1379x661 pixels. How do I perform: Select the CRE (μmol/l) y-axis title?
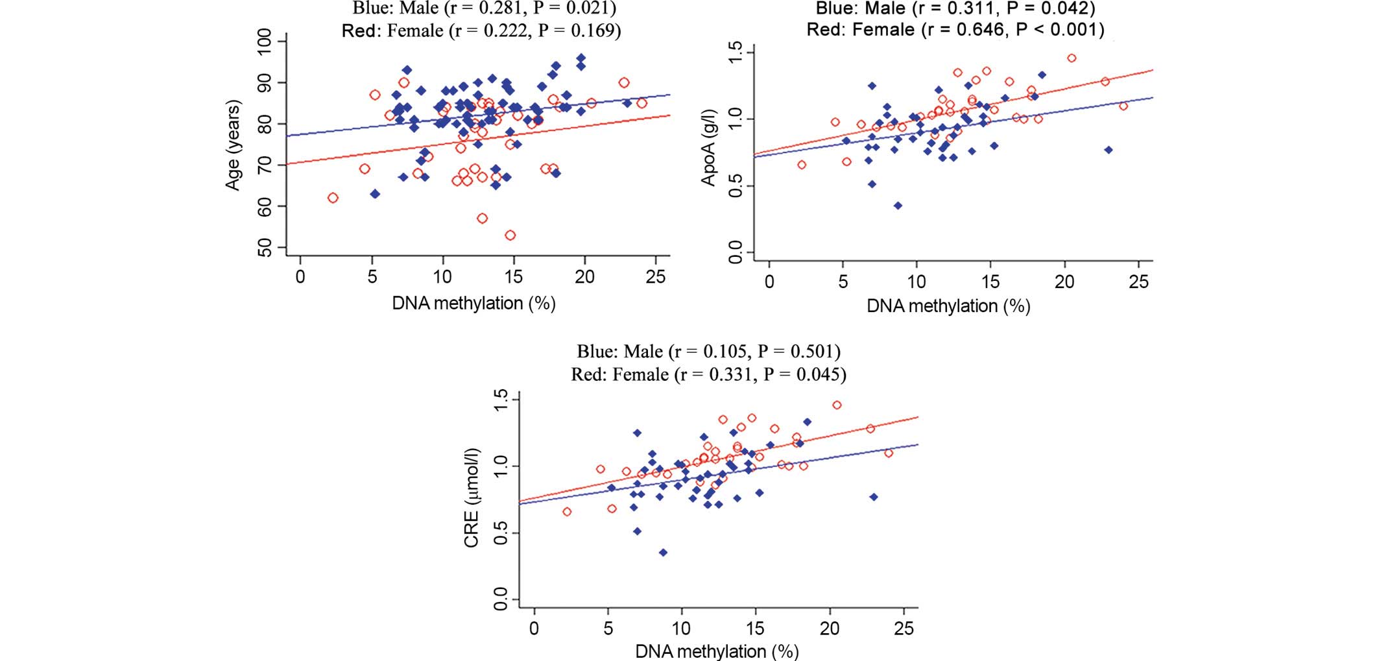pyautogui.click(x=472, y=498)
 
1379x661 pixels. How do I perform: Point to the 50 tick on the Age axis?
pyautogui.click(x=265, y=248)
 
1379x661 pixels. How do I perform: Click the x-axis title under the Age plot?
pyautogui.click(x=474, y=303)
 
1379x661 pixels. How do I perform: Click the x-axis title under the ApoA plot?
pyautogui.click(x=948, y=306)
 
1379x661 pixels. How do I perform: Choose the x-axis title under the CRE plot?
pyautogui.click(x=717, y=651)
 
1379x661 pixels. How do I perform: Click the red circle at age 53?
pyautogui.click(x=510, y=235)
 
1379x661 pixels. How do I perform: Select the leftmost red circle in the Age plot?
pyautogui.click(x=333, y=198)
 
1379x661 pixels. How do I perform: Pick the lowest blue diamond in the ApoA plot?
pyautogui.click(x=898, y=206)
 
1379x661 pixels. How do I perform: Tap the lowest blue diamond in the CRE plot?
pyautogui.click(x=663, y=553)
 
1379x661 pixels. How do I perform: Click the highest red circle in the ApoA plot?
pyautogui.click(x=1072, y=58)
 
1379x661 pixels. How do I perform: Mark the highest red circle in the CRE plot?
pyautogui.click(x=837, y=405)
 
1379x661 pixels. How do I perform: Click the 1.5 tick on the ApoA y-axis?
pyautogui.click(x=735, y=53)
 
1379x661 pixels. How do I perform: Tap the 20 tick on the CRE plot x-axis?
pyautogui.click(x=830, y=628)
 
